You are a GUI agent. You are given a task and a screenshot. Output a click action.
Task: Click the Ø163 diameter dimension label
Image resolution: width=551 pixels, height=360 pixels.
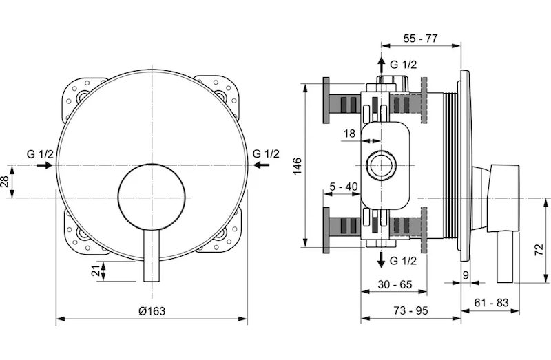pyautogui.click(x=152, y=310)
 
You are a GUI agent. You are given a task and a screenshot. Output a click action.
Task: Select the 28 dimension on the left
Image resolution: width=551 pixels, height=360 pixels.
pyautogui.click(x=6, y=182)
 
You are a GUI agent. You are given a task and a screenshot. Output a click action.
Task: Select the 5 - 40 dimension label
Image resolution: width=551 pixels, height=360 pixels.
pyautogui.click(x=342, y=185)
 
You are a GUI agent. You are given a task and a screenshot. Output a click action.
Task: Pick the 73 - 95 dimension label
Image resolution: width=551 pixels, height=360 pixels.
pyautogui.click(x=411, y=310)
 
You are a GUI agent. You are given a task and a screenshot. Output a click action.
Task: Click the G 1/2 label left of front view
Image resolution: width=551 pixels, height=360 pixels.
pyautogui.click(x=39, y=153)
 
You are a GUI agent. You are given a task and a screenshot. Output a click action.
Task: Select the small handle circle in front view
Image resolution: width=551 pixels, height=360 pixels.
pyautogui.click(x=150, y=198)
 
